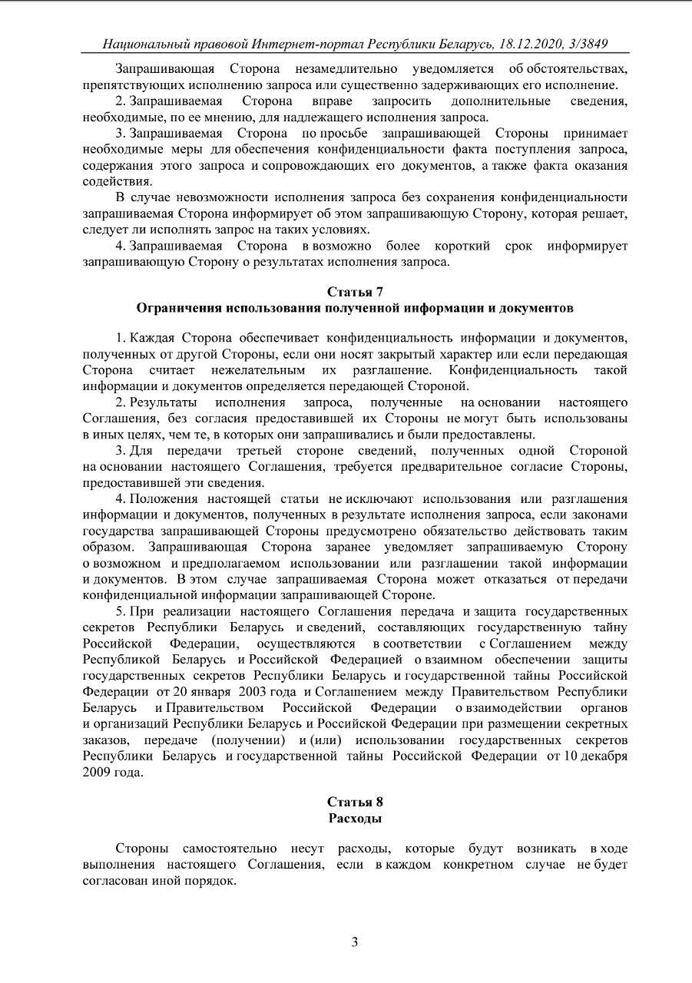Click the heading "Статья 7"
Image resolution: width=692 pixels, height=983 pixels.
pyautogui.click(x=355, y=292)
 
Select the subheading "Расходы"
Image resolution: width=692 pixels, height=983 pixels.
pyautogui.click(x=355, y=818)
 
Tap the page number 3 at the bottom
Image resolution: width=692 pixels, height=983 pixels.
pyautogui.click(x=355, y=942)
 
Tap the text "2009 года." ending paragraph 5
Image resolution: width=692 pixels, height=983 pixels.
pyautogui.click(x=113, y=772)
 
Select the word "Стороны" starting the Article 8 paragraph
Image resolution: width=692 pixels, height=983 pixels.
pyautogui.click(x=141, y=848)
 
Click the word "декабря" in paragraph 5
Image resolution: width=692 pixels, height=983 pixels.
pyautogui.click(x=599, y=756)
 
